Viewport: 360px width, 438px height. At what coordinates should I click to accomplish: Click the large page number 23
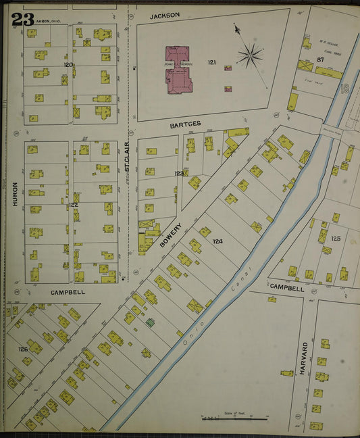coord(22,19)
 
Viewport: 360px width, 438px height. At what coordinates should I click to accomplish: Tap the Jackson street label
coord(165,14)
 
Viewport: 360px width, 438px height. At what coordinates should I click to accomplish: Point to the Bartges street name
coord(185,124)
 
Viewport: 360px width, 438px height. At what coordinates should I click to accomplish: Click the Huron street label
coord(15,193)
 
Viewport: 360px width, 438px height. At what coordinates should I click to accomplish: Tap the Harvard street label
coord(305,356)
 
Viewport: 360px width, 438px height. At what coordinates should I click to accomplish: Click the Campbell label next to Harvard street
coord(283,287)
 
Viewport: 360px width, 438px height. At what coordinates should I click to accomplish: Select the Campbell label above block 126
coord(68,293)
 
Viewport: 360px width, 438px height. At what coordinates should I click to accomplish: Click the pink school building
coord(179,68)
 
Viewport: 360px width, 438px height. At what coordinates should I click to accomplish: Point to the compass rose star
coord(250,55)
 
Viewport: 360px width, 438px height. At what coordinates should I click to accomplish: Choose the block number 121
coord(211,63)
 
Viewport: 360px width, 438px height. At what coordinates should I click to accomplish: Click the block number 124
coord(217,241)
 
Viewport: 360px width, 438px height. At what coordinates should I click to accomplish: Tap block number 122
coord(73,205)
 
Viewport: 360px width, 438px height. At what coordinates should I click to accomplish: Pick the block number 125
coord(336,239)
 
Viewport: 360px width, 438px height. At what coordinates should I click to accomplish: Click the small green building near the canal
coord(150,322)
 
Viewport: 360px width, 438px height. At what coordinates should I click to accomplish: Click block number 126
coord(23,349)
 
